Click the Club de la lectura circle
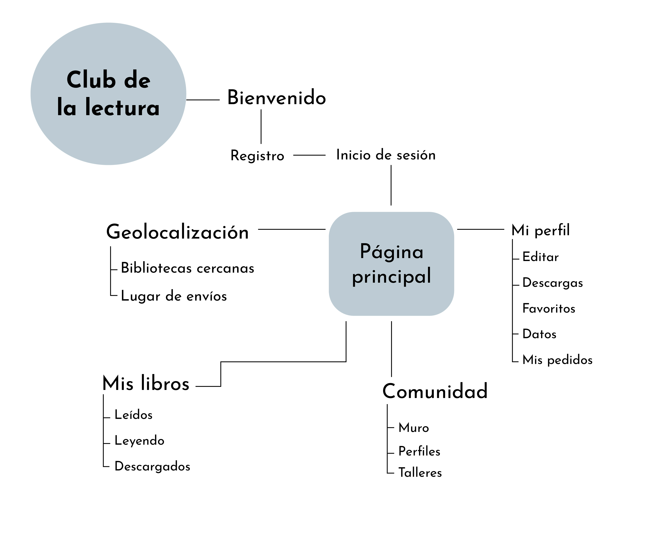click(108, 94)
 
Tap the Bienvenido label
click(276, 98)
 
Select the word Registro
click(257, 156)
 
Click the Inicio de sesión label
click(386, 155)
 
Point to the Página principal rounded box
click(391, 264)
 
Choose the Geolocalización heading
click(177, 232)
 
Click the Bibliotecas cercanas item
click(188, 268)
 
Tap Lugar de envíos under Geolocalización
click(174, 296)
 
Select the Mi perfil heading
click(540, 230)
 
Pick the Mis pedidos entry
click(557, 360)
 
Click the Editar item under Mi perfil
click(540, 257)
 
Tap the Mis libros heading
click(146, 383)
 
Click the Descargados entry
click(152, 466)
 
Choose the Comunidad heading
click(435, 392)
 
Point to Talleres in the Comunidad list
click(420, 473)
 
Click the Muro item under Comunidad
click(413, 428)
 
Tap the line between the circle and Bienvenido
click(203, 100)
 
